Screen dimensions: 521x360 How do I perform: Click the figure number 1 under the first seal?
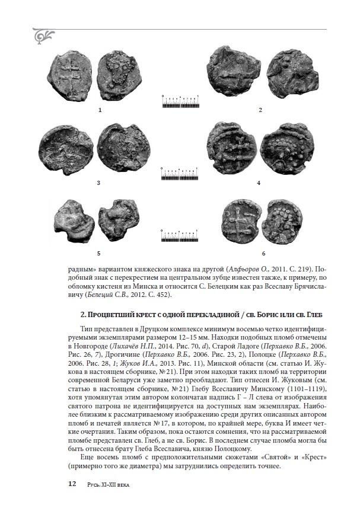(x=100, y=110)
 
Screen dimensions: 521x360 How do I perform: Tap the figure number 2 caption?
(x=260, y=110)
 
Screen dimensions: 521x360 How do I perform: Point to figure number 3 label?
(x=100, y=183)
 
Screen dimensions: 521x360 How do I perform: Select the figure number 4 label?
(x=259, y=183)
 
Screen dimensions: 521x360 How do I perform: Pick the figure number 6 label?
(x=263, y=253)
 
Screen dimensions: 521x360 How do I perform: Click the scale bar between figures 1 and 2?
(x=180, y=102)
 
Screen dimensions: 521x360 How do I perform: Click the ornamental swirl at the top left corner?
(x=44, y=37)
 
